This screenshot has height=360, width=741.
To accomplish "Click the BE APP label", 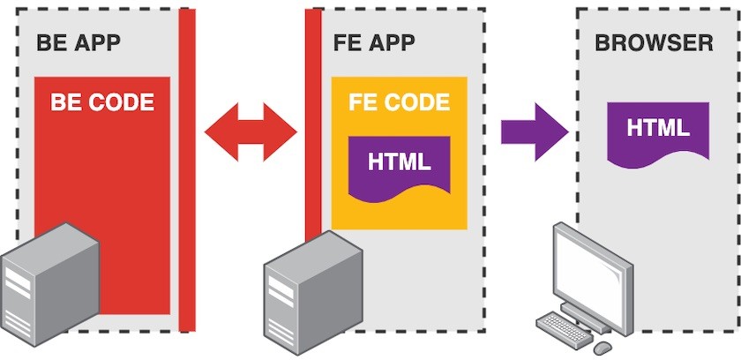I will coord(78,43).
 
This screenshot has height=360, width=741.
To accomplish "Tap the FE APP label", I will coord(374,43).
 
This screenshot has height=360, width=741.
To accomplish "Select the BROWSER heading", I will coord(654,43).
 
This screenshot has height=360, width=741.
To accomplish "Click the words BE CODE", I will coord(102,102).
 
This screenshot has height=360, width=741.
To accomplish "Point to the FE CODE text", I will coord(399,101).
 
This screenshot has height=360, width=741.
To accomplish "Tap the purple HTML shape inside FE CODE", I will coord(400,166).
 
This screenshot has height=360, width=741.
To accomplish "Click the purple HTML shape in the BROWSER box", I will coord(658,131).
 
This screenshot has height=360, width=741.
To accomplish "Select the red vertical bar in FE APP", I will coord(313,124).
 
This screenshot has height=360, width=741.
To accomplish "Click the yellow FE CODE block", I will coord(399,212).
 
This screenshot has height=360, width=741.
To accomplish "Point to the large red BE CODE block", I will coord(102,176).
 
